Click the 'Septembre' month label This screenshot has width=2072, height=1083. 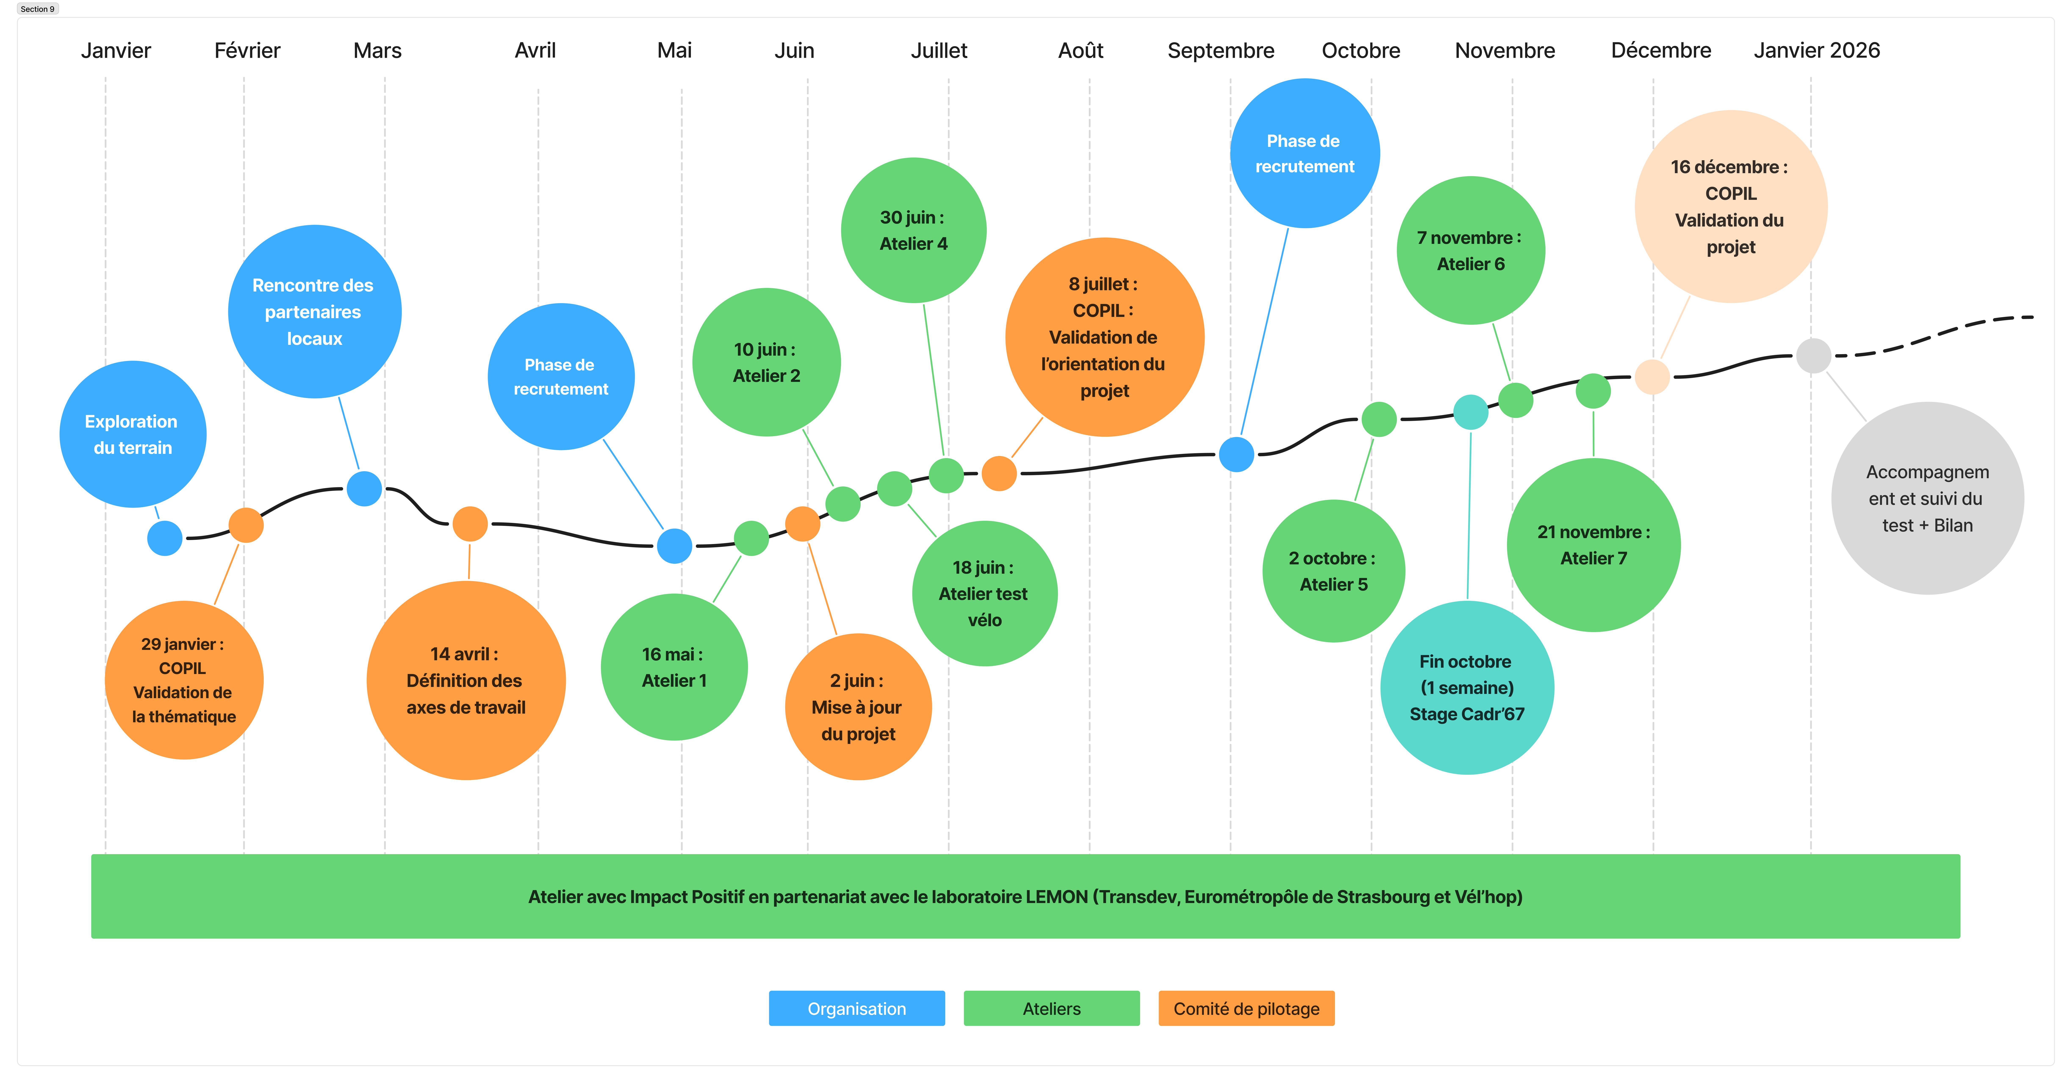1220,51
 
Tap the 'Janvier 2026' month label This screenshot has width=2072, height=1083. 1816,51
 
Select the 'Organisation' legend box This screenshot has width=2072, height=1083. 857,1008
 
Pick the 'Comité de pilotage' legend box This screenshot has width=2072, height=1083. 1246,1008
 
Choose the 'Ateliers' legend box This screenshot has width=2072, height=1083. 1051,1008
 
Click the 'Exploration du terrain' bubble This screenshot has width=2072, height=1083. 133,434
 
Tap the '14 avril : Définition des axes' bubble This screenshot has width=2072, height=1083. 466,680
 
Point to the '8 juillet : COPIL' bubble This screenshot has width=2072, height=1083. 1104,337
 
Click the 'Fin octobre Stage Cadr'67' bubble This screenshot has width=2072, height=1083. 1467,687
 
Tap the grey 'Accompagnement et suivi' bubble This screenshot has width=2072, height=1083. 1927,499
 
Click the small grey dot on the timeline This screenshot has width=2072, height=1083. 1814,355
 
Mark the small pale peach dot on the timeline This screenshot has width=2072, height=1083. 1652,376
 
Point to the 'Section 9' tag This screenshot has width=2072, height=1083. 38,9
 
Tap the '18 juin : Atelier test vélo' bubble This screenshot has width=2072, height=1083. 984,593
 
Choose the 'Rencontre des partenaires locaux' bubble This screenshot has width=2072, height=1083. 315,311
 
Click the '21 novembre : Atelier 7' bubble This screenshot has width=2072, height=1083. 1593,545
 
